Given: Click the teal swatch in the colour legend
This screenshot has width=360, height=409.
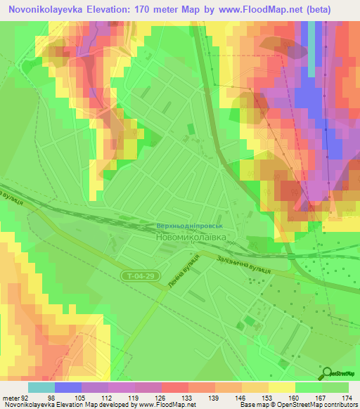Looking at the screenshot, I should pos(41,387).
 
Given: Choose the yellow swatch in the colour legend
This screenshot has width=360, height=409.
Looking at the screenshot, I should pos(282,387).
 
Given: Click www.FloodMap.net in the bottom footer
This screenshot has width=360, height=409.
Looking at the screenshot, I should pos(161,405).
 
